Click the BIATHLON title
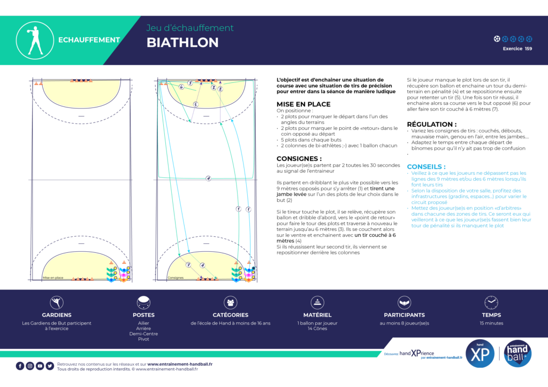182,43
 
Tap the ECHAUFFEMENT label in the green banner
89,40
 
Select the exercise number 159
528,49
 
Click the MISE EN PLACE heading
303,104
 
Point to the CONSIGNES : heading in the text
299,159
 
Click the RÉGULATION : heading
431,124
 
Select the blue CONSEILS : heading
426,167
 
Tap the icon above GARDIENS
57,303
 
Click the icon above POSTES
143,303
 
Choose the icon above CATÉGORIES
230,303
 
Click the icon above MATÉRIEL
317,303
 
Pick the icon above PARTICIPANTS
404,303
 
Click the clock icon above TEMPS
491,303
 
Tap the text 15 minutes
491,323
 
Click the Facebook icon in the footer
20,366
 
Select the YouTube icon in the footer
40,366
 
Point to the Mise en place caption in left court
53,278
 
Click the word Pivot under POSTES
143,339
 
